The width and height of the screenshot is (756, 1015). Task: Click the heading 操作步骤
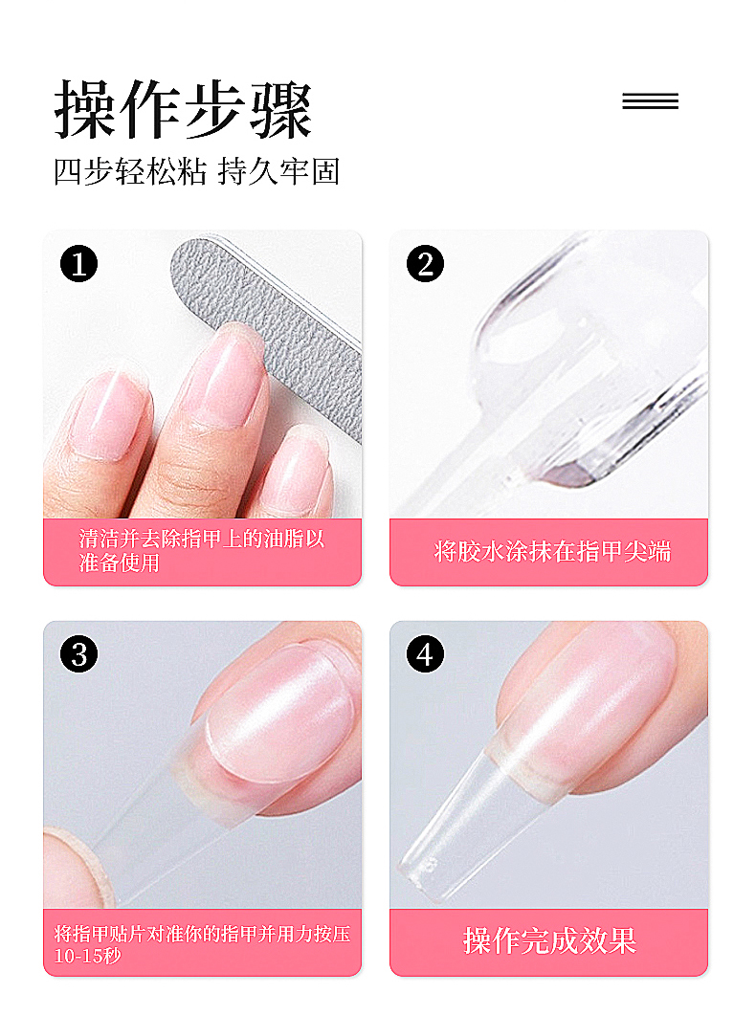(x=183, y=109)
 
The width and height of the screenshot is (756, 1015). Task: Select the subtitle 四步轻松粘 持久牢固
(x=197, y=171)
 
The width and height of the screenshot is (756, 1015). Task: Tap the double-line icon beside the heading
(x=650, y=101)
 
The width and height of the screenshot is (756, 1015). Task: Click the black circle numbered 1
(x=79, y=264)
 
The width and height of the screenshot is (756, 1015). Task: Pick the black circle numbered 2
(x=425, y=264)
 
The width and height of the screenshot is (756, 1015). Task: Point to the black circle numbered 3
(x=79, y=654)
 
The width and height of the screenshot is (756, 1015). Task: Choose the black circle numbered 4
(x=425, y=654)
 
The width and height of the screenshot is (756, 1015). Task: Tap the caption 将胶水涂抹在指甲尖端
(x=552, y=552)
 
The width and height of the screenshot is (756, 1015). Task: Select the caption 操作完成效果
(x=549, y=941)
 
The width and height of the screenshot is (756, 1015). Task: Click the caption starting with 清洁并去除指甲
(x=201, y=551)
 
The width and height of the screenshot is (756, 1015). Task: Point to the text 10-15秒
(x=87, y=956)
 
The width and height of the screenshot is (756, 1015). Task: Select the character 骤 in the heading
(x=281, y=110)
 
